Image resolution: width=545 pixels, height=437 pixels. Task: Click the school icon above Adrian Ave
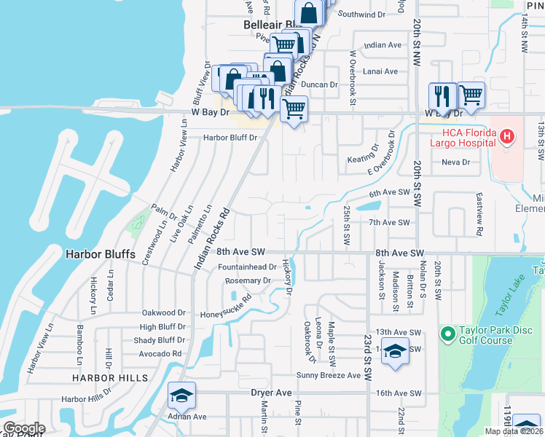click(181, 395)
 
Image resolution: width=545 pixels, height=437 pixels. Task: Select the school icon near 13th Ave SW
click(394, 352)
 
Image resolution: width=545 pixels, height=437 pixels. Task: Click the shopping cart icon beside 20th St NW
click(471, 95)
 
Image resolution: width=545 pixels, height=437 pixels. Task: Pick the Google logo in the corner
click(24, 428)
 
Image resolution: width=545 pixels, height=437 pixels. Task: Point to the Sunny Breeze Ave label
click(328, 375)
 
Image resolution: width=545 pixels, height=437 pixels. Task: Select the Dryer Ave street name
click(271, 393)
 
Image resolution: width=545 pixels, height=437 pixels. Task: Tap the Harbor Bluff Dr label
click(230, 137)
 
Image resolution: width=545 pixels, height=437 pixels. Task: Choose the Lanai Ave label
click(380, 71)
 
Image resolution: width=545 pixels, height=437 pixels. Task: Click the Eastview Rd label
click(479, 216)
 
